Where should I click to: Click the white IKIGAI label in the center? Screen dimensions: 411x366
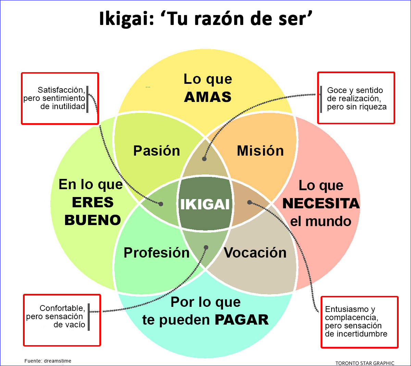pos(205,204)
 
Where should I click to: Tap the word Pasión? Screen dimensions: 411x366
pos(157,151)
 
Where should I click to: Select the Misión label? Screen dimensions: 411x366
pos(260,151)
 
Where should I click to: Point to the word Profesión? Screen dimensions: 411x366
pos(157,252)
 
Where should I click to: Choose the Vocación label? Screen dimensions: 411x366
pos(255,252)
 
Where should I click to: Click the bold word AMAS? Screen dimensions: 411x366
pos(208,97)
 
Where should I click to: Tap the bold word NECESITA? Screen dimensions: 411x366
pos(321,203)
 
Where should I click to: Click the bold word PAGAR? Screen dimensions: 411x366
pos(241,320)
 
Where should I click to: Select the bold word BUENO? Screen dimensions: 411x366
pos(93,220)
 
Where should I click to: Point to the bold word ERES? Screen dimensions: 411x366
pos(93,202)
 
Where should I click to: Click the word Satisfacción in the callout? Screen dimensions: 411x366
pos(61,90)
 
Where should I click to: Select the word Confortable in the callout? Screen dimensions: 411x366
pos(62,308)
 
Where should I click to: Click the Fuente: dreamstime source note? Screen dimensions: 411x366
pos(48,361)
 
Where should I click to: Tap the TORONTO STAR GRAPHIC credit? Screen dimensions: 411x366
pos(365,363)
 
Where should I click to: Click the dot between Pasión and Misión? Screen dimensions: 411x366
pos(204,159)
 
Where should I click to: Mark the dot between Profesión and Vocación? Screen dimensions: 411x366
pos(206,247)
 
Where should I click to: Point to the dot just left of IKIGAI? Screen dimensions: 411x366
pos(161,204)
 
